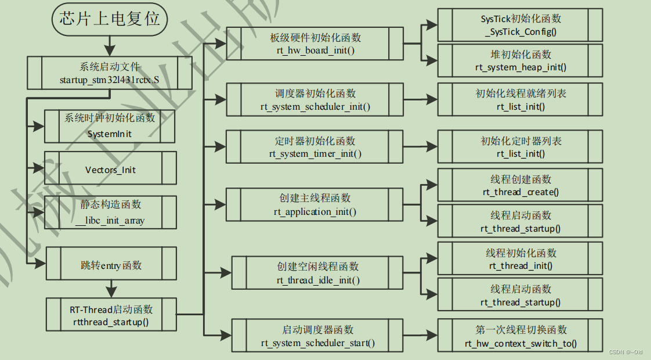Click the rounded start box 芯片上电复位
coord(110,19)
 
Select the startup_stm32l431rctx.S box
coord(109,73)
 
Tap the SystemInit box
coord(110,126)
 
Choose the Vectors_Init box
coord(110,170)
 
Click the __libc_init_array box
coord(110,213)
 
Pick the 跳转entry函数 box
coord(110,265)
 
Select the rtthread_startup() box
coord(110,315)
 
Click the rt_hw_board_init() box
coord(315,44)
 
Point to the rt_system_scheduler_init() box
coord(315,100)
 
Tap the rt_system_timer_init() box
coord(315,147)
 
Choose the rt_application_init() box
coord(315,204)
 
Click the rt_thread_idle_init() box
coord(318,273)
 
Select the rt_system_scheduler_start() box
coord(318,336)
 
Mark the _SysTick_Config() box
coord(520,25)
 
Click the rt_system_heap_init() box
coord(520,61)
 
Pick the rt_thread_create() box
coord(520,185)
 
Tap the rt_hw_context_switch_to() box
coord(520,336)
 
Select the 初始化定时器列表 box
coord(520,147)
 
